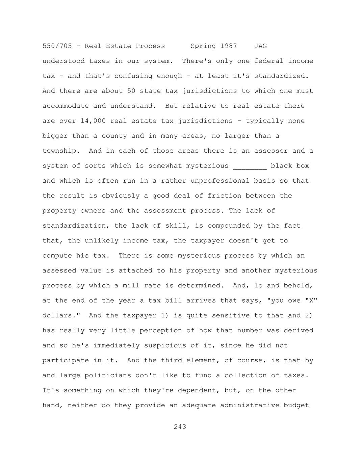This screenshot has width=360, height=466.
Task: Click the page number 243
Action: (180, 427)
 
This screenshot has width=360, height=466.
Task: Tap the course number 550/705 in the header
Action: (57, 46)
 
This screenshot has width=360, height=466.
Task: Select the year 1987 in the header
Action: (229, 46)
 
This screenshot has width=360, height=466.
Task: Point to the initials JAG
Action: (260, 46)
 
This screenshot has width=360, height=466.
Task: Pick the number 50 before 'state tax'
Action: (131, 91)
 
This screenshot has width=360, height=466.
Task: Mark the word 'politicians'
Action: (108, 376)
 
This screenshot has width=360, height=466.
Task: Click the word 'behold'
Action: (296, 286)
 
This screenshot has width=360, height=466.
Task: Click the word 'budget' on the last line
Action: (296, 405)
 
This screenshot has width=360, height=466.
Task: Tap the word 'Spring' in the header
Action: (203, 46)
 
